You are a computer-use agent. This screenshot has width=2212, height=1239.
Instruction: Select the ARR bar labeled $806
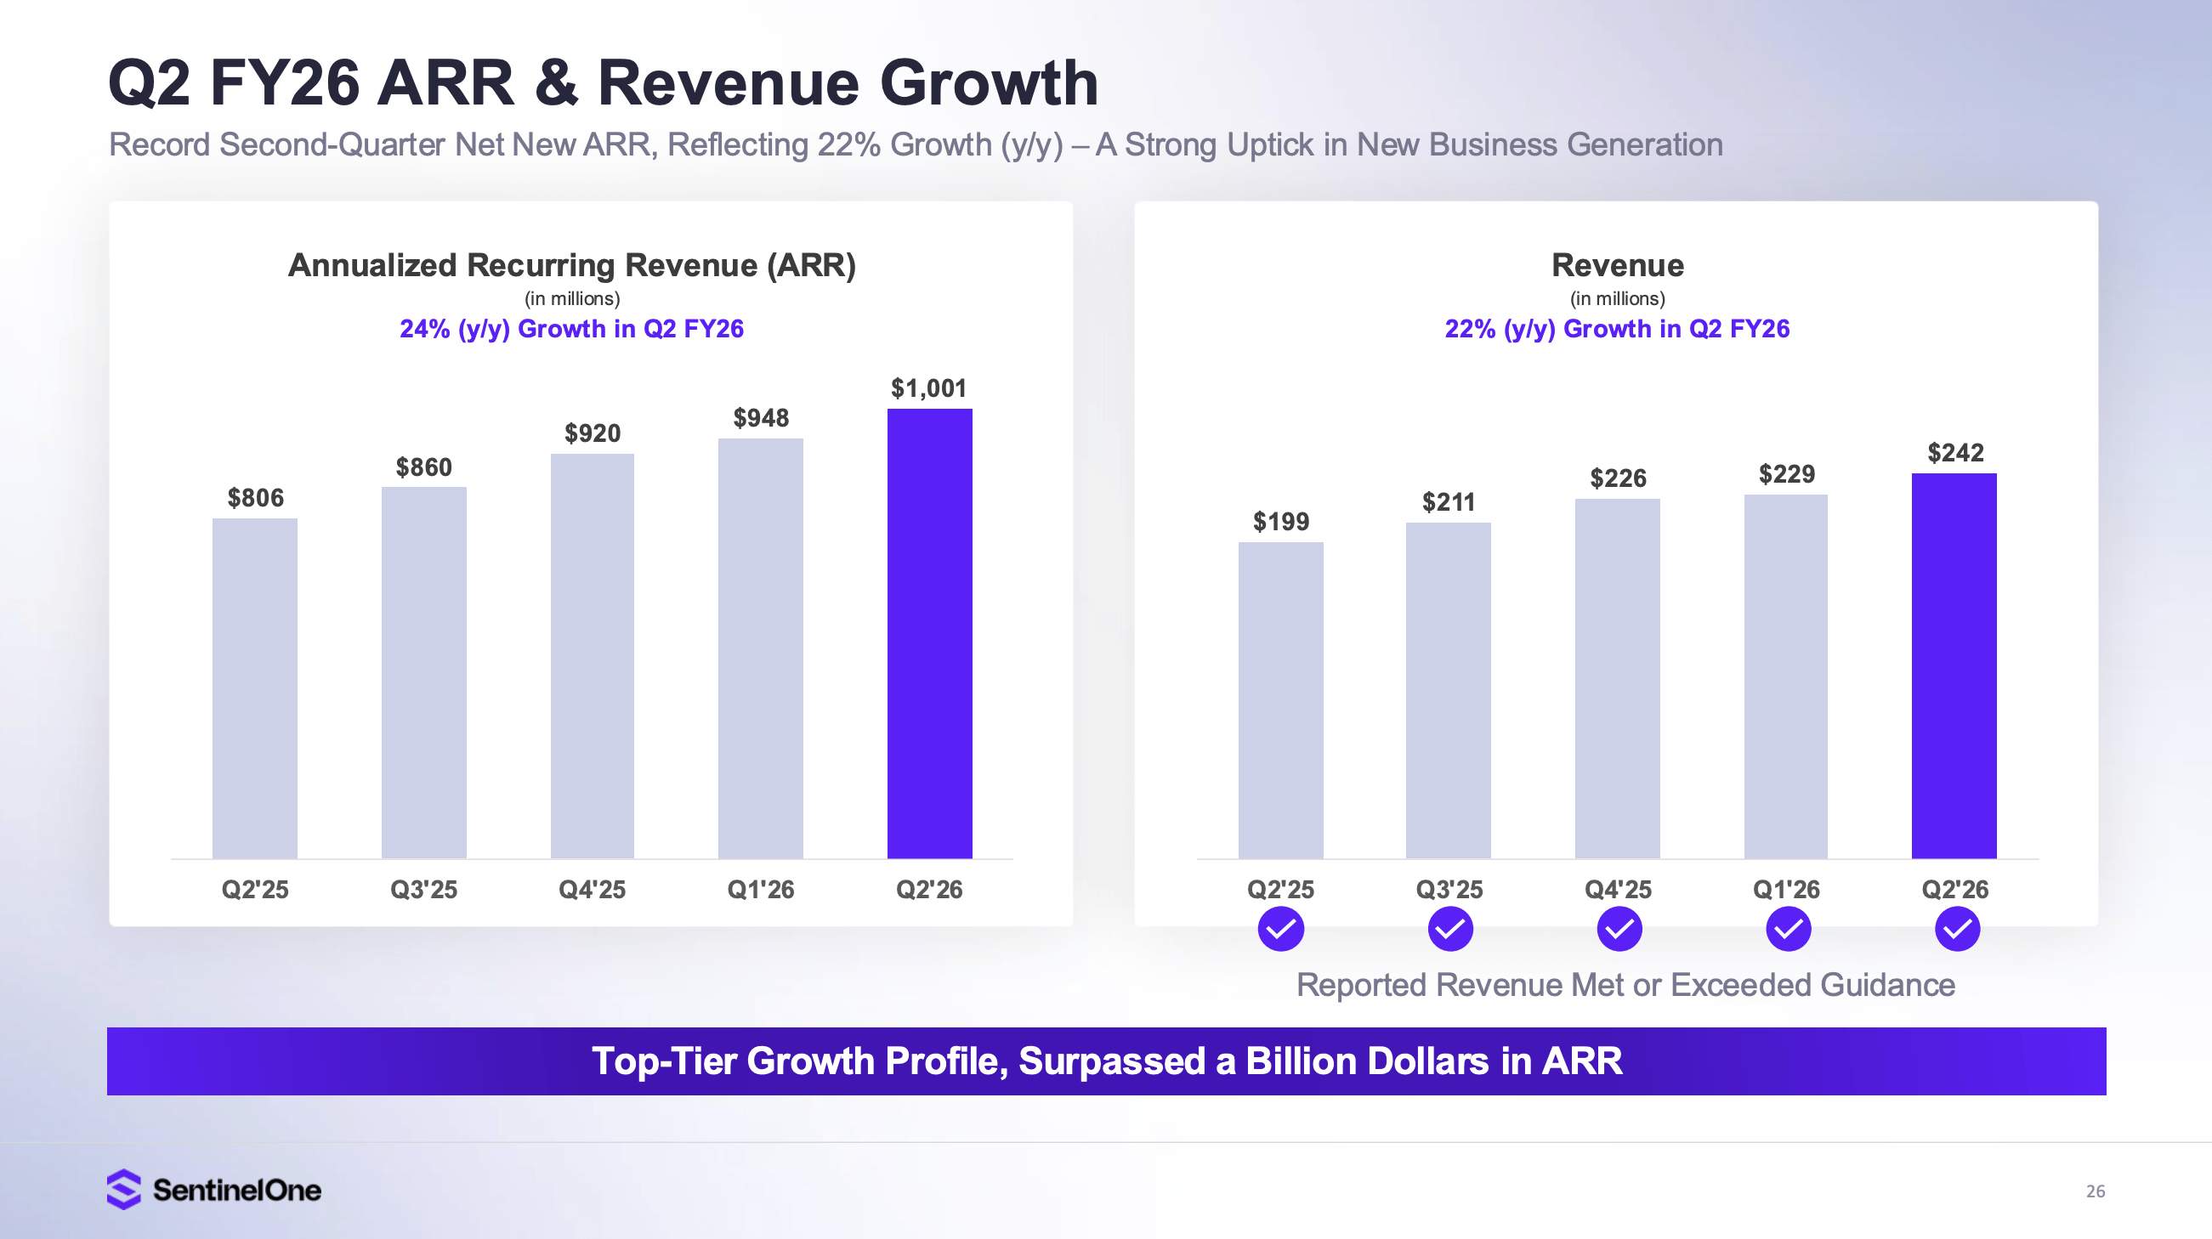[x=255, y=687]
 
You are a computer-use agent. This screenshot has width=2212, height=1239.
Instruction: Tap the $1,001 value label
[x=928, y=388]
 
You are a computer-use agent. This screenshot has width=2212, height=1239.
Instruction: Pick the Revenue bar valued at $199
[x=1280, y=699]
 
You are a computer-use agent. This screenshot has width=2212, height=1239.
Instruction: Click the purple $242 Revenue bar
[x=1954, y=665]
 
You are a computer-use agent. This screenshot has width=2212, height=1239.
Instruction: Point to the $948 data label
[x=761, y=418]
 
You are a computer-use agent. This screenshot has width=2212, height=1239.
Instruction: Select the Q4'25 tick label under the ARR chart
[x=592, y=890]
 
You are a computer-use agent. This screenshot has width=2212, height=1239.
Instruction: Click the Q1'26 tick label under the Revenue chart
[x=1786, y=890]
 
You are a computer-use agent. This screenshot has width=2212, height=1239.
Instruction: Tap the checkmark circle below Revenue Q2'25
[x=1280, y=929]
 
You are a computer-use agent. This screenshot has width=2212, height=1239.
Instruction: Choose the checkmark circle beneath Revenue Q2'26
[x=1957, y=929]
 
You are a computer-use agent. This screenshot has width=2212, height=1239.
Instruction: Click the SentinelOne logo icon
[x=123, y=1189]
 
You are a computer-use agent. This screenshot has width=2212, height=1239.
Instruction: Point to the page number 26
[x=2096, y=1191]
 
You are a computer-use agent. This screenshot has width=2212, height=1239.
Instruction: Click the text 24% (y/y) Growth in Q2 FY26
[x=571, y=329]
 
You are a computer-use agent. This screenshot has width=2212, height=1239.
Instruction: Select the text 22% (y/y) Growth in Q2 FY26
[x=1617, y=329]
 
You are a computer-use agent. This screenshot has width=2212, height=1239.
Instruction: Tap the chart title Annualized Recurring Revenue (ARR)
[x=572, y=265]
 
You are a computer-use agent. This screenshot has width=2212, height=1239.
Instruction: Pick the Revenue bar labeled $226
[x=1617, y=678]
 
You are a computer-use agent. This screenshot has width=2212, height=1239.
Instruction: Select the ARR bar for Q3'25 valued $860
[x=423, y=672]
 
